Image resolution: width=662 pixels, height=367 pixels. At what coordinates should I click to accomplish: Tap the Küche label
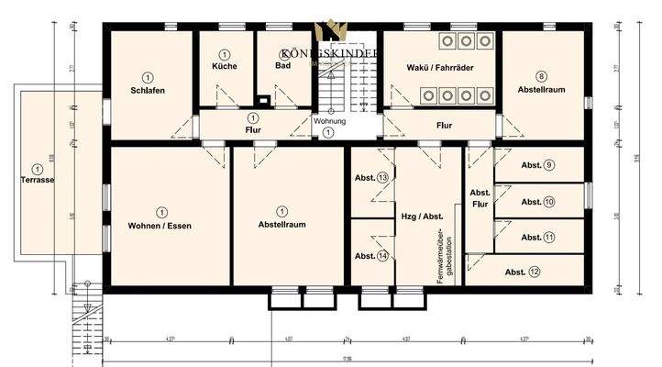tap(225, 67)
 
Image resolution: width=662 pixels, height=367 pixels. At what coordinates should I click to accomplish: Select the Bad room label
tap(283, 67)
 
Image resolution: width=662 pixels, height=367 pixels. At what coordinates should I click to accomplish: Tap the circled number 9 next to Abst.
tap(548, 166)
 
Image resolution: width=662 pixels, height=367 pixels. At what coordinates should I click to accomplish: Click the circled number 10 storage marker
tap(548, 202)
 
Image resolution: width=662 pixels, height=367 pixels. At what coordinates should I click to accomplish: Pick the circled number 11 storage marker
tap(548, 238)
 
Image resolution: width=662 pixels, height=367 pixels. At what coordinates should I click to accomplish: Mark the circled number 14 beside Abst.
tap(382, 256)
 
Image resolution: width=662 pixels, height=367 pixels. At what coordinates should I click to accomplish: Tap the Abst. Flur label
tap(480, 199)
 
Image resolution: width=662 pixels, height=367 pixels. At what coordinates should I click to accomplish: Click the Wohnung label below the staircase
tap(329, 121)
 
